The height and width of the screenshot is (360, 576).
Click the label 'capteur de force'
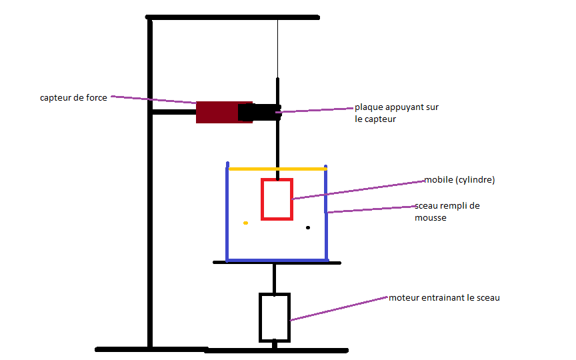pos(73,98)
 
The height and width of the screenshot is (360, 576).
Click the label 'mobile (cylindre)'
pos(460,180)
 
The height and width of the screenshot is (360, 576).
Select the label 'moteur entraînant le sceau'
pos(444,297)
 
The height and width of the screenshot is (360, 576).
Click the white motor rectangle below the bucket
pos(274,317)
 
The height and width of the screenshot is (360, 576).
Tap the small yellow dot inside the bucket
pos(245,223)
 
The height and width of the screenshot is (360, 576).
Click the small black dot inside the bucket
pos(308,227)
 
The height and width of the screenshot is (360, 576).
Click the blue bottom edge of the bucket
pos(277,259)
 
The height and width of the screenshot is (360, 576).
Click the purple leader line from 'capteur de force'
pos(153,100)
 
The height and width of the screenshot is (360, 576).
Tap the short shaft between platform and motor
pos(273,278)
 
